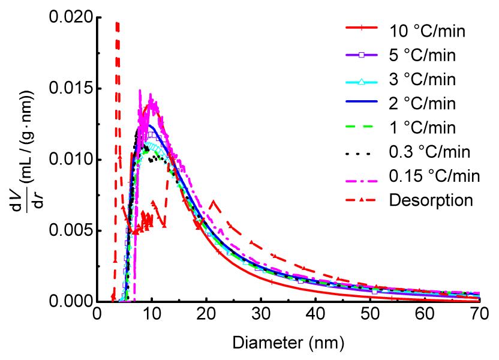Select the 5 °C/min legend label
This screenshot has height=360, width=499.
pos(419,56)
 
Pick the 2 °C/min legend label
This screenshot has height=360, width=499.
pos(419,103)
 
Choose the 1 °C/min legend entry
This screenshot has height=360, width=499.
pos(419,127)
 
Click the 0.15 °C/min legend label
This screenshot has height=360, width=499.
pos(429,175)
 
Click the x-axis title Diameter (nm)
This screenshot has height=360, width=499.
pos(288,344)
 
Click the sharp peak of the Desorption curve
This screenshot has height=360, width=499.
pos(118,23)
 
